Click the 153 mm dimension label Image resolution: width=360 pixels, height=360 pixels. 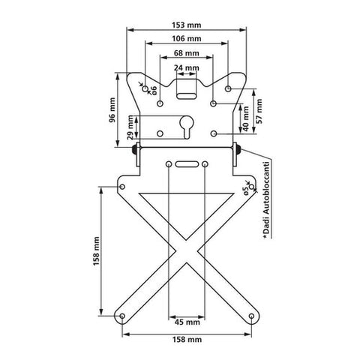186,25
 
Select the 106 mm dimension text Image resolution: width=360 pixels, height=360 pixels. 186,39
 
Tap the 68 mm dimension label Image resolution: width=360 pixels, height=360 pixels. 187,53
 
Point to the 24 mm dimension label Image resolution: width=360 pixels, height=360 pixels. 187,67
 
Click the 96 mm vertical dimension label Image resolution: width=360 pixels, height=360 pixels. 112,110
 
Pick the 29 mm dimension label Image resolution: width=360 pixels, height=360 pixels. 130,127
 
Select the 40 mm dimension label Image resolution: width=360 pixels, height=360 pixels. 246,118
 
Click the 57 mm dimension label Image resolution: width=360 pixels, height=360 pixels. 259,111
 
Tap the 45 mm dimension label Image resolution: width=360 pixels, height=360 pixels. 187,322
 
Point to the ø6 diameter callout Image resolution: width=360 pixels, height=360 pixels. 154,90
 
